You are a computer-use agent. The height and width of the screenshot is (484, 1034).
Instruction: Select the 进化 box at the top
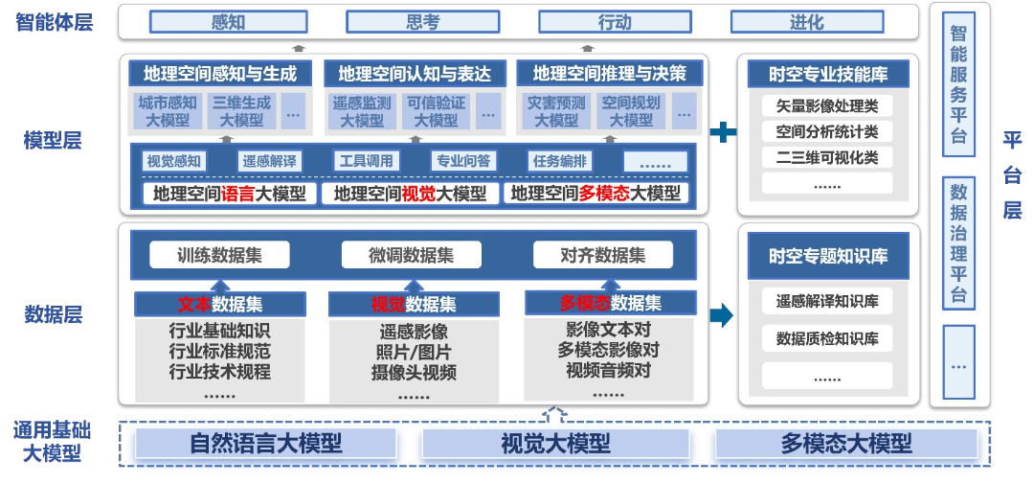click(806, 22)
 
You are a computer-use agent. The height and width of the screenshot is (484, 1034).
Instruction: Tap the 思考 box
click(422, 22)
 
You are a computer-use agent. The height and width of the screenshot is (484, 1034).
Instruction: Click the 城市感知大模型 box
click(168, 111)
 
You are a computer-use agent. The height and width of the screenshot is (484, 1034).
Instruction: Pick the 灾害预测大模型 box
click(556, 111)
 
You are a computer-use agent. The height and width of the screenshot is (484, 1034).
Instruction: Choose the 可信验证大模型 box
click(437, 111)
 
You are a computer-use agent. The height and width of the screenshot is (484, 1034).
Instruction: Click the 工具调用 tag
click(366, 161)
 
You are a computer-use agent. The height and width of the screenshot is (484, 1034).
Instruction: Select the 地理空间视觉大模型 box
click(410, 194)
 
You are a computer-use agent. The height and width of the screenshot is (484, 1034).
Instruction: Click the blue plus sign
click(723, 132)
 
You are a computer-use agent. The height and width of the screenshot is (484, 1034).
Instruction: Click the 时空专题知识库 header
click(827, 256)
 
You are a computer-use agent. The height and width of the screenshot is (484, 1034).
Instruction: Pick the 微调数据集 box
click(411, 255)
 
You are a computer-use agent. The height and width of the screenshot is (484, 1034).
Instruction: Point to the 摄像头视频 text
click(413, 373)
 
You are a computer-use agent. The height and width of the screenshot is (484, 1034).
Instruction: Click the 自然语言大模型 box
click(265, 443)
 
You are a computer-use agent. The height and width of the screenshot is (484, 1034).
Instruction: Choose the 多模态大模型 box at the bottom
click(845, 443)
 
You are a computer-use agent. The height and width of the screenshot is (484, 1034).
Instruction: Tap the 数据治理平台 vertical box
click(958, 242)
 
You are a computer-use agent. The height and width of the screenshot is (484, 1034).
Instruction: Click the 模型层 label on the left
click(53, 141)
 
